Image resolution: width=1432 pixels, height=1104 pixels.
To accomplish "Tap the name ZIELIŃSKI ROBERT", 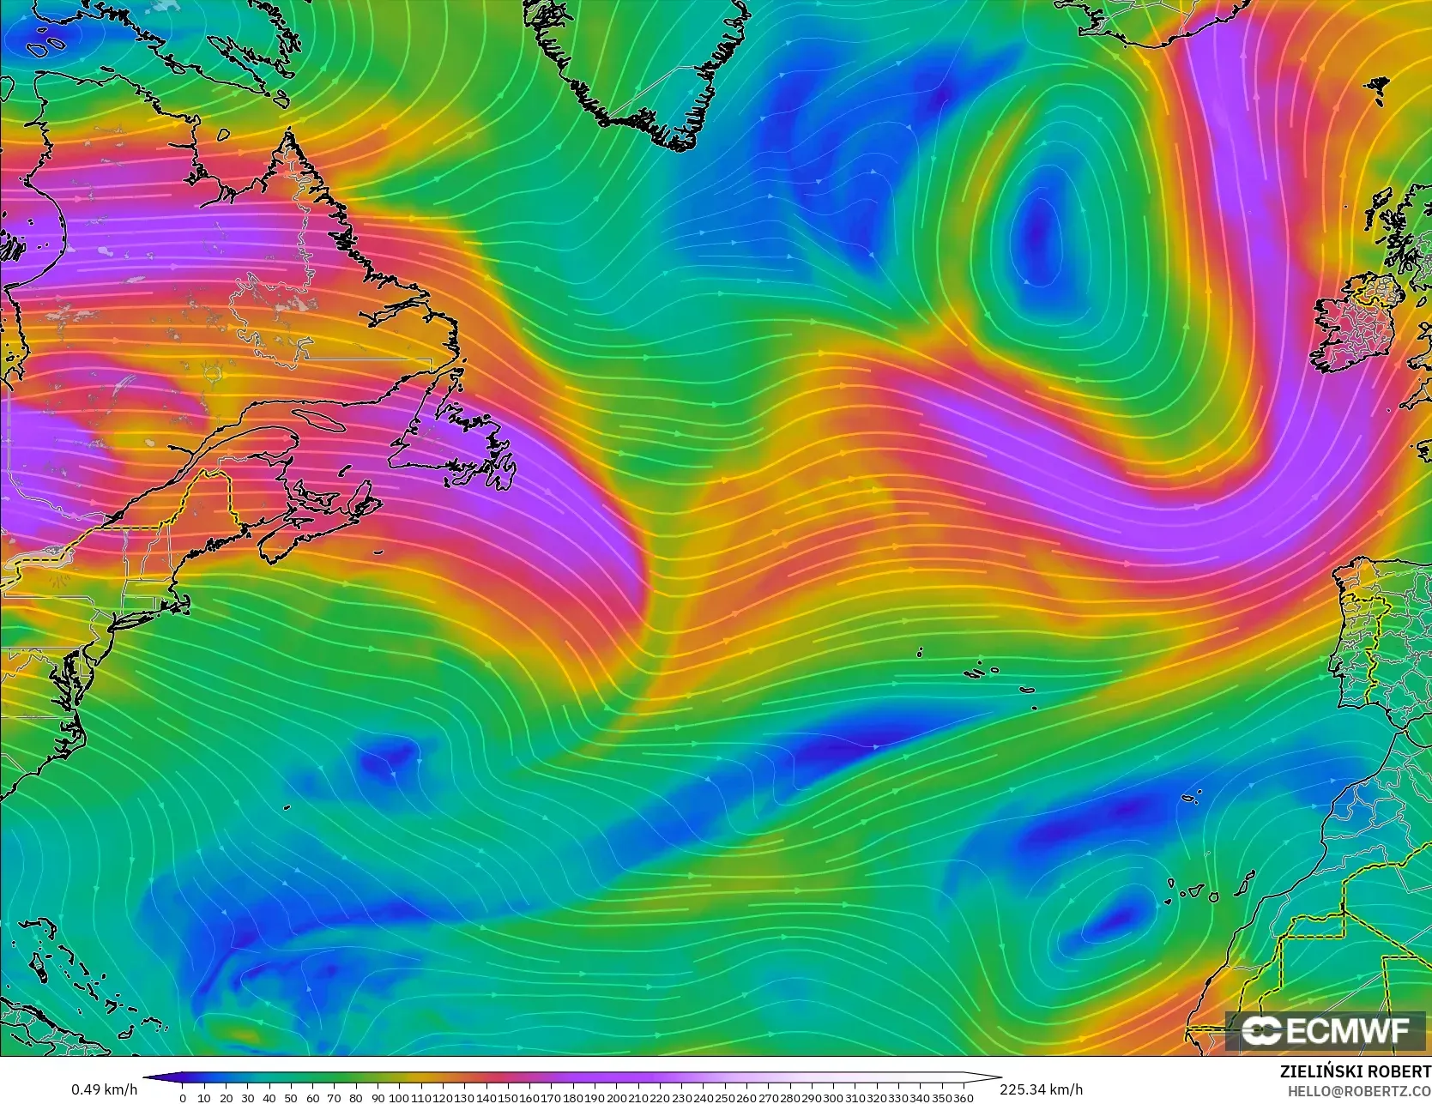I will tap(1355, 1071).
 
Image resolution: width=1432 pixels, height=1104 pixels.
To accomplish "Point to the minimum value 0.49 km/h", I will tap(104, 1089).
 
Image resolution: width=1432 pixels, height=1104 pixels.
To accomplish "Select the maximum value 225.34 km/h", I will tap(1041, 1089).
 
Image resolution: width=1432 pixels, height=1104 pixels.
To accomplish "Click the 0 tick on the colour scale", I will tap(182, 1097).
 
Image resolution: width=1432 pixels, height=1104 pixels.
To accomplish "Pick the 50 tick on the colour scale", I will tap(290, 1097).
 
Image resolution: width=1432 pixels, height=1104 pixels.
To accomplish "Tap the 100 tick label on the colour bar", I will tap(399, 1097).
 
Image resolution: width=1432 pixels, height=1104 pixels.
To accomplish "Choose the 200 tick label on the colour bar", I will tap(616, 1097).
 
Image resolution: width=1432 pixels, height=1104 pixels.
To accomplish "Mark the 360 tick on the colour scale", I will tap(964, 1097).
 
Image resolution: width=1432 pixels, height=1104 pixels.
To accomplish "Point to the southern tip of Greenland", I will tap(678, 146).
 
